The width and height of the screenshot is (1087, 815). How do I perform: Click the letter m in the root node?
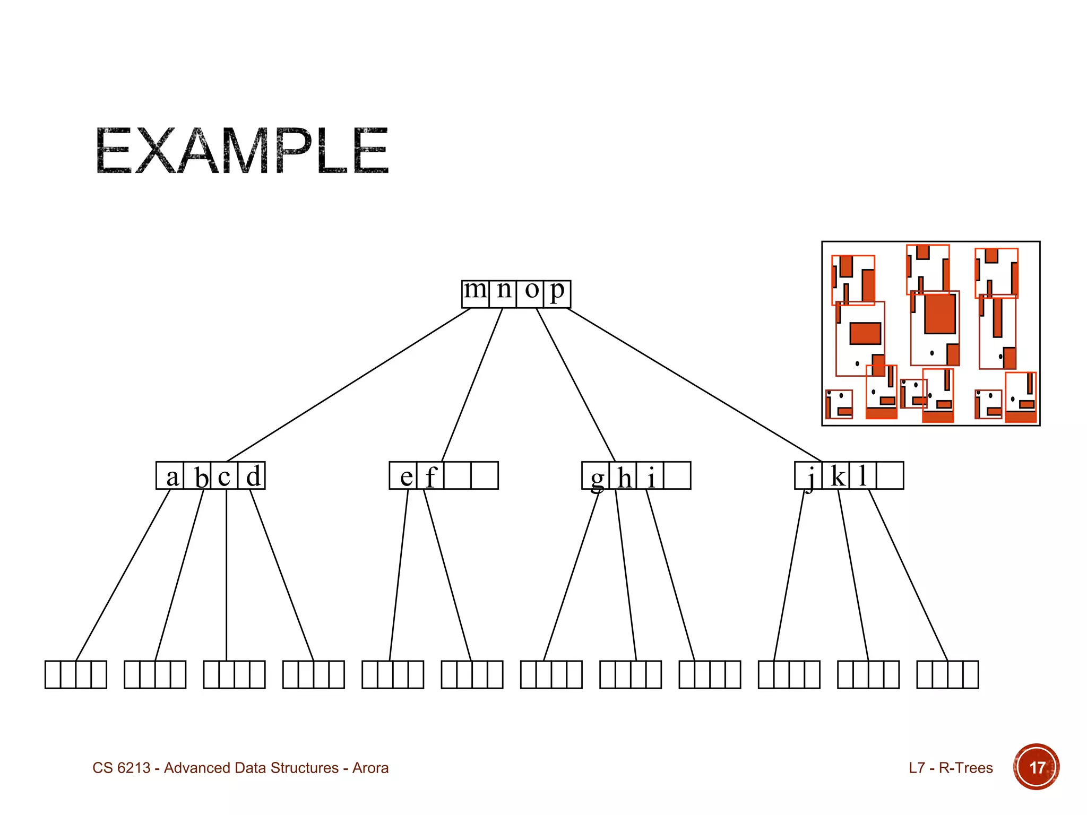point(475,291)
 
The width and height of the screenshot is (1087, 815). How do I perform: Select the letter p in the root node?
point(557,291)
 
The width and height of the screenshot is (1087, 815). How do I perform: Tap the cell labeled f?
point(430,476)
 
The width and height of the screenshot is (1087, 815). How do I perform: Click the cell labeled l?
point(863,475)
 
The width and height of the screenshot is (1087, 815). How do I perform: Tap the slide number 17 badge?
point(1036,767)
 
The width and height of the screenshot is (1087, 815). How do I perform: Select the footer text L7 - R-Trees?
point(950,768)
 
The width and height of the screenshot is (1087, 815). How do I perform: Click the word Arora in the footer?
point(370,768)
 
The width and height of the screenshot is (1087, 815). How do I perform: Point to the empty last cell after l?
point(890,475)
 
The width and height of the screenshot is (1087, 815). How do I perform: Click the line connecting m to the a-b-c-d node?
point(348,385)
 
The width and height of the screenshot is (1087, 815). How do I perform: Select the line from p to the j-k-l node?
point(694,385)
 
